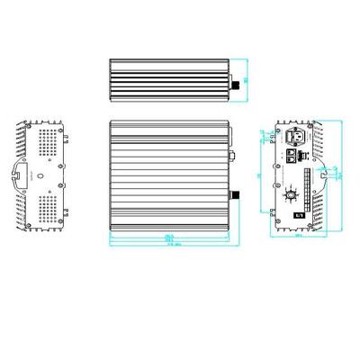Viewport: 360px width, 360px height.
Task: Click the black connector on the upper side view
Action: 237,83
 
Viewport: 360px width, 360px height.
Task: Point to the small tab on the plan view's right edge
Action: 231,152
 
